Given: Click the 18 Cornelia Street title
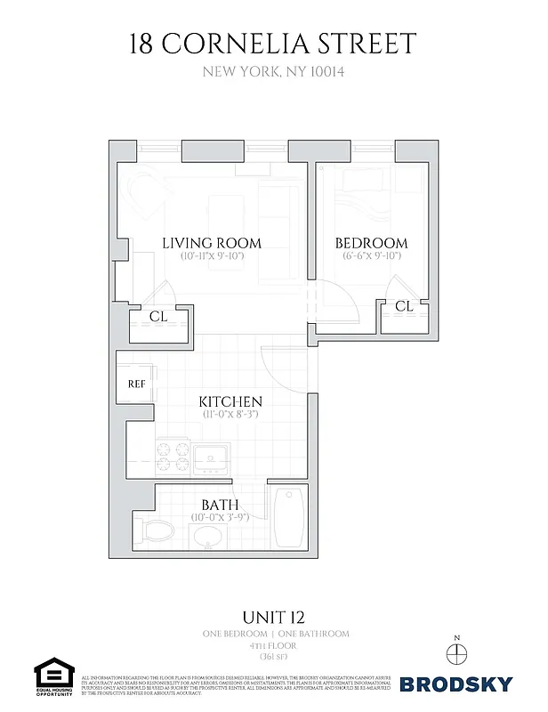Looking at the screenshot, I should (274, 44).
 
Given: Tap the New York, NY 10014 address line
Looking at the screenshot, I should (274, 74).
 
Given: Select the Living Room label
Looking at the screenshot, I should (211, 243).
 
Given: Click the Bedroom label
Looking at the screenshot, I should (371, 243).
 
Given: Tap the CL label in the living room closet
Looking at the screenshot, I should (158, 316).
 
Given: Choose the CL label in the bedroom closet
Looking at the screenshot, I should (404, 306).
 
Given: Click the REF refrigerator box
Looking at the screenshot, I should (136, 385).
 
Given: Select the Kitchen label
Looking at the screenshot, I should (230, 401).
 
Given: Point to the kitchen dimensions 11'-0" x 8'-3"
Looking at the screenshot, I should (230, 415).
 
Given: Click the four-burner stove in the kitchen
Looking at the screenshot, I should (173, 457).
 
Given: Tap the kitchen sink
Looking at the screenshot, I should (214, 456).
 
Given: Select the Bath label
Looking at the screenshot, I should (220, 505).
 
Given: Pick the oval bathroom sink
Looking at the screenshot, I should (209, 537).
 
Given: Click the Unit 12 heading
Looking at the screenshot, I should (274, 615).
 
